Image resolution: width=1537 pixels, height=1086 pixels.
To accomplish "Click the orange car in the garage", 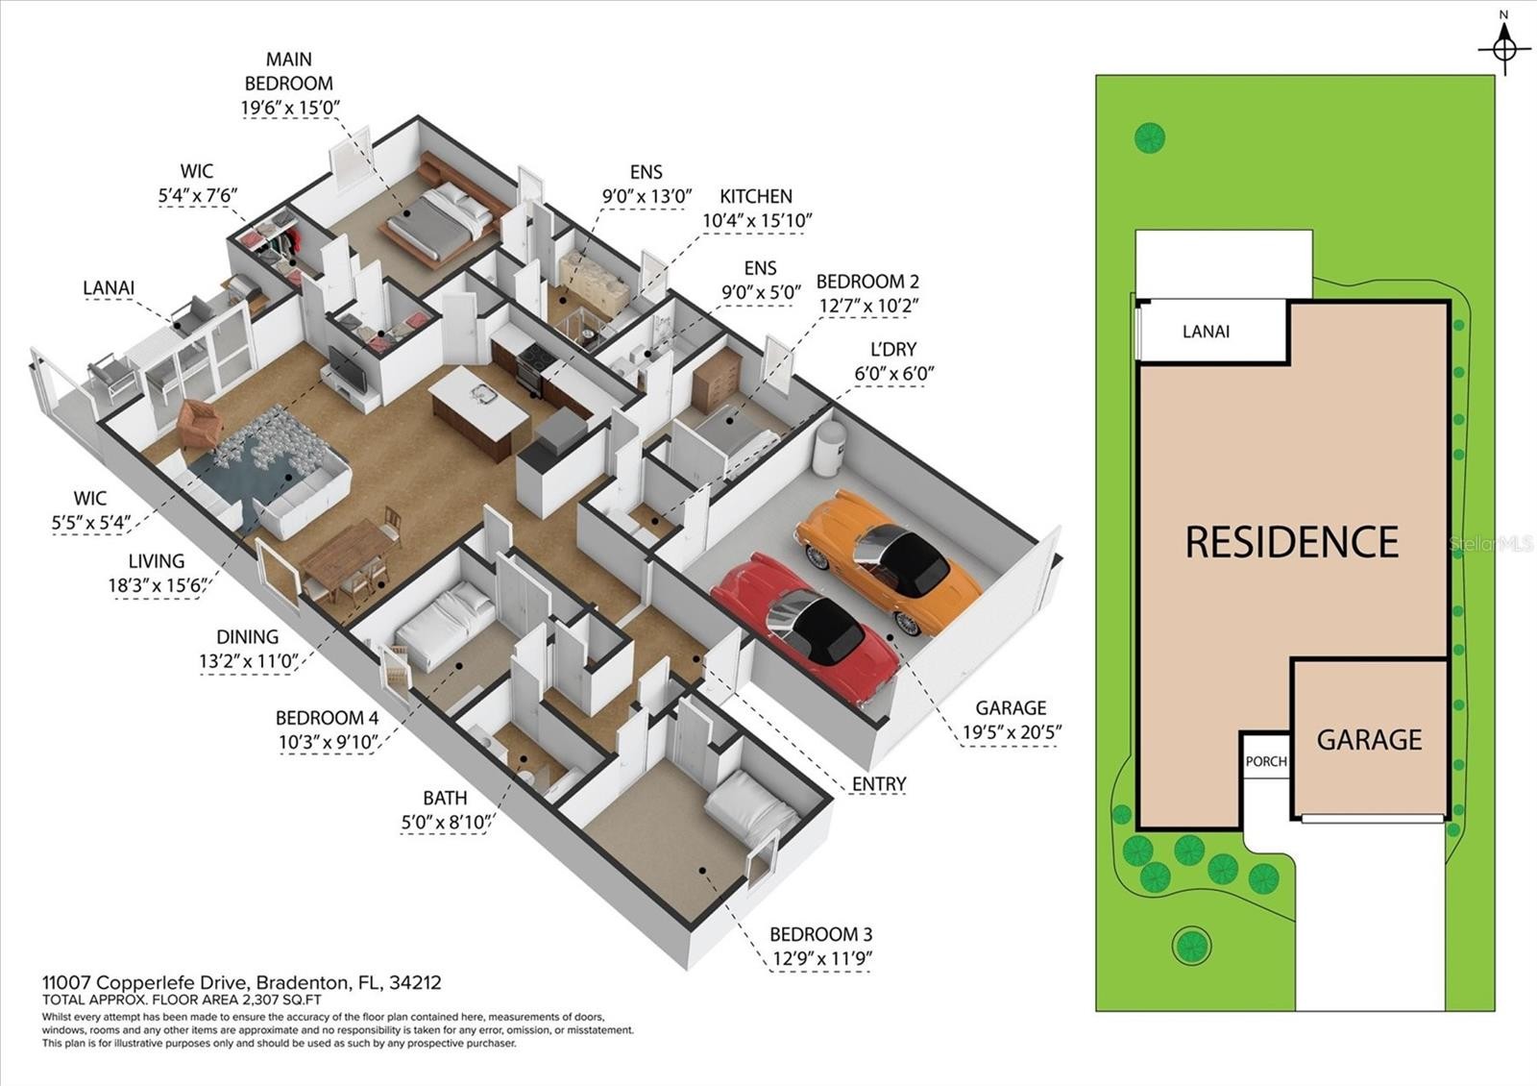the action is pos(889,563).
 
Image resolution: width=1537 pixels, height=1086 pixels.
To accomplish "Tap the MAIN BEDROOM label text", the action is pos(289,71).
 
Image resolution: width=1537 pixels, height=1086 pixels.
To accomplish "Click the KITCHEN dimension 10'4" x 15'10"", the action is pos(757,221).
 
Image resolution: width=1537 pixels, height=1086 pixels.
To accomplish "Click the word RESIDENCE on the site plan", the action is pos(1292,542).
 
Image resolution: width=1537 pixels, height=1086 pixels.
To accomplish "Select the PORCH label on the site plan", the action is pos(1266,761).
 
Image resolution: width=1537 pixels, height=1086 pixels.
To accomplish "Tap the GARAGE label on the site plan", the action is pos(1369,740).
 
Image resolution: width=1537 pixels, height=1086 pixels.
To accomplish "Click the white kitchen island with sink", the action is pos(479,405).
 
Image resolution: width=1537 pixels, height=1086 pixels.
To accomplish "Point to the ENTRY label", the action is pos(879,783).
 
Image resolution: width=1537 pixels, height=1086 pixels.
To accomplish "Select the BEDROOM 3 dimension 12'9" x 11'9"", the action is pos(822,958).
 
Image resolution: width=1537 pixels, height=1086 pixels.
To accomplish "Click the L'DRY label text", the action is pos(892,350).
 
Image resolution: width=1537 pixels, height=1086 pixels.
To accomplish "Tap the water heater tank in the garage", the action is pos(830,448).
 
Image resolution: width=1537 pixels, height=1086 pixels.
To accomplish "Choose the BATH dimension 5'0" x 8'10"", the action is pos(447,822).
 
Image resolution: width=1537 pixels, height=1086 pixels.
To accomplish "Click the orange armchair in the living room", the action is pos(199,423).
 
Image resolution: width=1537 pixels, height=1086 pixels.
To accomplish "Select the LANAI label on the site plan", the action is pos(1206,332).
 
